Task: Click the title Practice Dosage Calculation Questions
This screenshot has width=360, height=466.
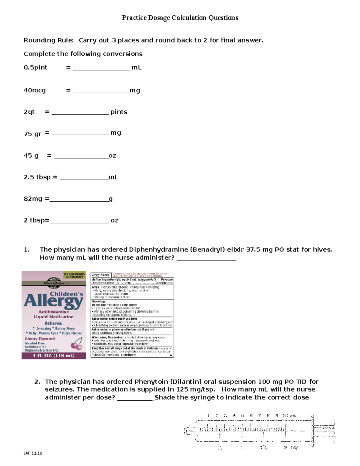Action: click(x=180, y=18)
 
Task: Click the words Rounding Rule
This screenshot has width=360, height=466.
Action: click(x=48, y=41)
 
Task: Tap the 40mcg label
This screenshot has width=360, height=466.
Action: click(x=35, y=90)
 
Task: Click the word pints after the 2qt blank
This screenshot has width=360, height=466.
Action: click(x=119, y=112)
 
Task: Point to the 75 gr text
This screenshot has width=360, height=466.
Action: click(x=32, y=134)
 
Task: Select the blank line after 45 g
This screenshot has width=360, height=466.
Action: click(x=81, y=157)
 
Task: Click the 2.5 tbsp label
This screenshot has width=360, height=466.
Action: click(x=37, y=177)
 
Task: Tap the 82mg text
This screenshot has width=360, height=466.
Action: click(x=33, y=199)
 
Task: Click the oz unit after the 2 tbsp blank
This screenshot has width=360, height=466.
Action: click(x=114, y=221)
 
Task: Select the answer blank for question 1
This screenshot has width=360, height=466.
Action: click(x=206, y=259)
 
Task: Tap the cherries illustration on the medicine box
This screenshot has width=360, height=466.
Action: click(x=77, y=344)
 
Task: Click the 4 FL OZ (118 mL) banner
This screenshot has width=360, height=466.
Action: click(x=54, y=356)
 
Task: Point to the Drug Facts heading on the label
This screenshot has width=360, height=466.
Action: click(x=100, y=275)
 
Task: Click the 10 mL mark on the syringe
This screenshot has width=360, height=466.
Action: click(x=289, y=416)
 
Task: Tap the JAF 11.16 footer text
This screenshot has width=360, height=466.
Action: click(x=33, y=453)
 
